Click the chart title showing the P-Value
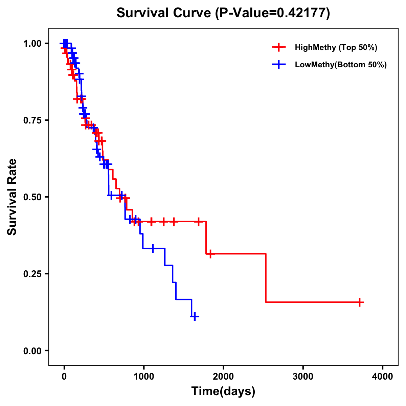[x=223, y=13]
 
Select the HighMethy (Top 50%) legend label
[x=336, y=47]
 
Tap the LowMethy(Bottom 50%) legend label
[x=341, y=65]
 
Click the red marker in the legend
[x=278, y=47]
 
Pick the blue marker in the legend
[x=278, y=65]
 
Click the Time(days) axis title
[x=223, y=391]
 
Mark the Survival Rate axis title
[x=12, y=197]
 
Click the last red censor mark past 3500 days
[x=360, y=302]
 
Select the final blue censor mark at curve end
[x=195, y=317]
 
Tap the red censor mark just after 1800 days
[x=210, y=254]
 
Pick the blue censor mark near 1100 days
[x=153, y=248]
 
